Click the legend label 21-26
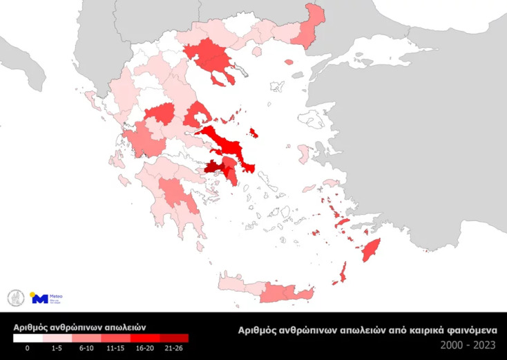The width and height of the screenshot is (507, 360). (174, 349)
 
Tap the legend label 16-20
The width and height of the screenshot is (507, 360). (145, 349)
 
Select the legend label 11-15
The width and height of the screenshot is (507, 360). (115, 349)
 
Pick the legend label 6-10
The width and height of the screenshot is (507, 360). (86, 349)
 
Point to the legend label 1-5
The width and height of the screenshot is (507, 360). (57, 349)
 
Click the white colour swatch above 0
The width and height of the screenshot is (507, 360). (28, 339)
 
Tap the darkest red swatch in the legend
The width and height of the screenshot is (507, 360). (174, 339)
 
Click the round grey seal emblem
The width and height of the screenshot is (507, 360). (15, 298)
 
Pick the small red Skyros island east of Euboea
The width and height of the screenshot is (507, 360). (253, 132)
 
